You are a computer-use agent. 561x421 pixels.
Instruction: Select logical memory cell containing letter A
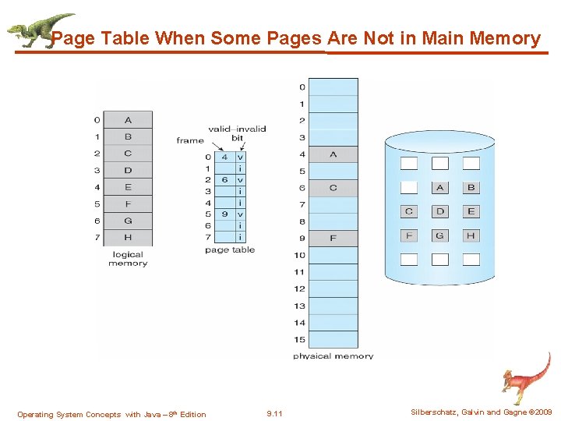(x=128, y=120)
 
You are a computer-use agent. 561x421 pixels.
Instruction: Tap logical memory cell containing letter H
(x=128, y=238)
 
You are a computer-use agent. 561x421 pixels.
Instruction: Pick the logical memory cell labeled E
(x=128, y=187)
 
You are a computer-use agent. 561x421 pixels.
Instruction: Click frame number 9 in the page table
(x=224, y=214)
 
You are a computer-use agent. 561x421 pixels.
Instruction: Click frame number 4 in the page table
(x=224, y=157)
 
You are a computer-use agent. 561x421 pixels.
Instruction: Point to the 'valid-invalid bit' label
(x=237, y=133)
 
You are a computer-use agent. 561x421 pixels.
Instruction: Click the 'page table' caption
(x=230, y=250)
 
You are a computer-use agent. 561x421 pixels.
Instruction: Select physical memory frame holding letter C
(x=333, y=188)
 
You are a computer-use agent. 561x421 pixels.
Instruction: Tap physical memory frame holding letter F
(x=333, y=238)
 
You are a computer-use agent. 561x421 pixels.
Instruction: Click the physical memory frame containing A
(x=333, y=154)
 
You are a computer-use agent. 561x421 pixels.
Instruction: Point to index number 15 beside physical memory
(x=299, y=339)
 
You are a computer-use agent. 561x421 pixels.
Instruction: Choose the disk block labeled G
(x=440, y=235)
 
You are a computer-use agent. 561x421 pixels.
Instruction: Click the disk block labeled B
(x=471, y=187)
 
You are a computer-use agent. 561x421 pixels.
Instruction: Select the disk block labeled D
(x=440, y=211)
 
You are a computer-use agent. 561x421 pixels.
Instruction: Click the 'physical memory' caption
(x=333, y=356)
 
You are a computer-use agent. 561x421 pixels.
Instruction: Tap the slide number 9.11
(x=274, y=414)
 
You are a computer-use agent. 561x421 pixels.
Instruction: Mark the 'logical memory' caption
(x=128, y=259)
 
